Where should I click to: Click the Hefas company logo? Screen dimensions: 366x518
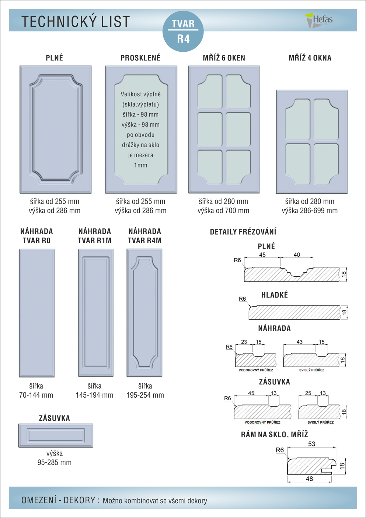point(319,20)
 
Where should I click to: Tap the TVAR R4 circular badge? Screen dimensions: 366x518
point(183,31)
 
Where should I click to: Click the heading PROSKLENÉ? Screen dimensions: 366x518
point(140,58)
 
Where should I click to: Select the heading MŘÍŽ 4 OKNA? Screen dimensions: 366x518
point(310,58)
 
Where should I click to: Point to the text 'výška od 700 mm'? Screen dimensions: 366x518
point(223,211)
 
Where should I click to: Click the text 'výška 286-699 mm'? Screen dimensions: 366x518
point(310,211)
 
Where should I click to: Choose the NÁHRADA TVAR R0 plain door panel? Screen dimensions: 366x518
point(37,313)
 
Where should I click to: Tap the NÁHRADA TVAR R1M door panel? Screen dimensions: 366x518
point(96,312)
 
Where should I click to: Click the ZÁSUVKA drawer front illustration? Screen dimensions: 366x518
point(56,435)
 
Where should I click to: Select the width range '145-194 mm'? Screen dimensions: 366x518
point(94,395)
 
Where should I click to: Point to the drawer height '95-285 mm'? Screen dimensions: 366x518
point(55,463)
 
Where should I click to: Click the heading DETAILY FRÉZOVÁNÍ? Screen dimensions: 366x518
point(243,232)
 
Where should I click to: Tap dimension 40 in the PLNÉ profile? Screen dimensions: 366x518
point(297,255)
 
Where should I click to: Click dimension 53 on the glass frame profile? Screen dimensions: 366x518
point(311,444)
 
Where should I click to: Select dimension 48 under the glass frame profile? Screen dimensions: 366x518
point(309,479)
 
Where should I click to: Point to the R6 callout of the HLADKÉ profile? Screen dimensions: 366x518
point(243,299)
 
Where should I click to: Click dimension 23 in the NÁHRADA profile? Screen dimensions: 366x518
point(244,342)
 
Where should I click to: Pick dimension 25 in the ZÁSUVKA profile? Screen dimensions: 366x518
point(308,393)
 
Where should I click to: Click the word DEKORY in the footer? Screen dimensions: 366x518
point(79,500)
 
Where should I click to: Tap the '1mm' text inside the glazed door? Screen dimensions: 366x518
point(140,165)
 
